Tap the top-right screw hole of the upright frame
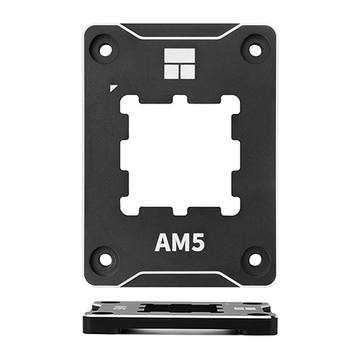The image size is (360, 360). [x=255, y=50]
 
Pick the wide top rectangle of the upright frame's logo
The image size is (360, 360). [x=180, y=56]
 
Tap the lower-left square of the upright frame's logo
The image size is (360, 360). [x=173, y=71]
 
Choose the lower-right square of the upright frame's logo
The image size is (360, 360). [x=187, y=71]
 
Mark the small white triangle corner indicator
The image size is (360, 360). [x=113, y=89]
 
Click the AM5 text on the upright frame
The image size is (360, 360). [x=180, y=243]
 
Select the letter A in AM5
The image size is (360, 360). [x=163, y=243]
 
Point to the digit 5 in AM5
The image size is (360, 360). [x=198, y=243]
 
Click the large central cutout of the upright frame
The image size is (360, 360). [x=180, y=154]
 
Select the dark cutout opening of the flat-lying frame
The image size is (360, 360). [x=180, y=307]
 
